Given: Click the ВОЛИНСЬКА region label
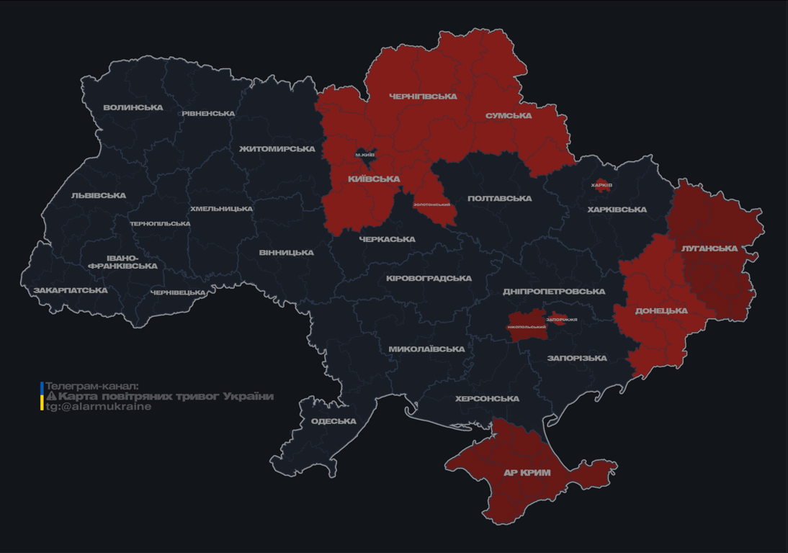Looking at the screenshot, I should coord(133,108).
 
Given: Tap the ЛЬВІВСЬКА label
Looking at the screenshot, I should coord(99,196).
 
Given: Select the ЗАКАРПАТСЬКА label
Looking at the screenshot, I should coord(71,291).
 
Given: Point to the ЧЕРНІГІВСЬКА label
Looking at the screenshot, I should coord(423,96).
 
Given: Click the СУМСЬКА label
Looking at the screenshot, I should coord(509,116).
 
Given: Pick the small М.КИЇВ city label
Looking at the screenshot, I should coord(365,155).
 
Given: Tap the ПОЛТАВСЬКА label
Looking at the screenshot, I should coord(499,199).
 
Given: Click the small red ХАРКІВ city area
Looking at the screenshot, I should coord(601,185).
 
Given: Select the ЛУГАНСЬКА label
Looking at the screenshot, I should coord(709,248).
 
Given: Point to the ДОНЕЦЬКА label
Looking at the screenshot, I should coord(661,311).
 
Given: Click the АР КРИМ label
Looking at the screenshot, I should coord(527,473).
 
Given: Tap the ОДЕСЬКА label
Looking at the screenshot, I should coord(333,421).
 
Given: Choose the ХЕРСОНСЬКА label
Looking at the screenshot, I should coord(487,399).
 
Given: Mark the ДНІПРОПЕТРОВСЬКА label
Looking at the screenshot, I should coord(554,292).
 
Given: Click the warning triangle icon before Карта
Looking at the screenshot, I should coord(51,396).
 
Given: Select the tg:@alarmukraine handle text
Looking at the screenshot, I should coord(99,407).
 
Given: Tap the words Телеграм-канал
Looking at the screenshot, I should coord(91,386).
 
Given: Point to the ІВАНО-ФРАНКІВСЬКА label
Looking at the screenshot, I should coord(122,262).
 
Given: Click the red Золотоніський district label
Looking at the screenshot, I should coord(431,205).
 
